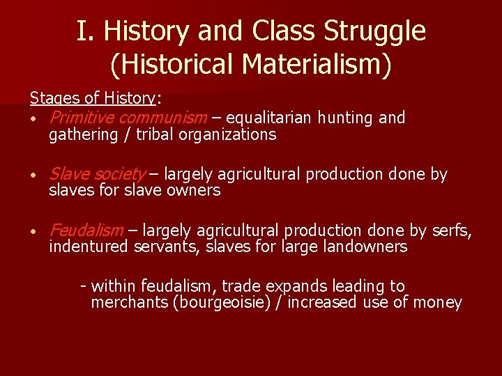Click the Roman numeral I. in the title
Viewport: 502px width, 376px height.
(84, 31)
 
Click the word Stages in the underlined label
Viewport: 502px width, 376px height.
(52, 98)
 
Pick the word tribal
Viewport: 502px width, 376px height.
(155, 134)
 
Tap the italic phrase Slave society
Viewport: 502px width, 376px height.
(98, 173)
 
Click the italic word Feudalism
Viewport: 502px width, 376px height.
(86, 230)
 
